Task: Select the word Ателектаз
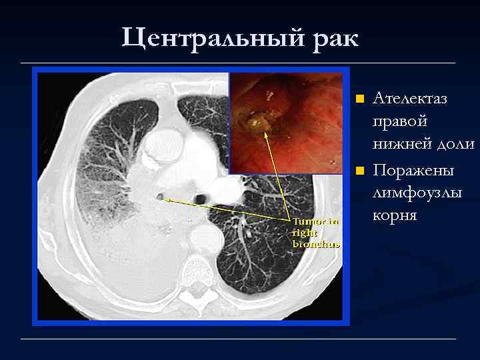click(x=409, y=99)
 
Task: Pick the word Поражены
click(x=413, y=171)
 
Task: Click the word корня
click(x=395, y=216)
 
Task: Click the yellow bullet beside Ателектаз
click(x=359, y=99)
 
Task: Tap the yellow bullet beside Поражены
click(x=359, y=171)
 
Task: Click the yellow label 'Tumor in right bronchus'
click(x=316, y=232)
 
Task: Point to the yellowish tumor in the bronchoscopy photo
click(x=257, y=123)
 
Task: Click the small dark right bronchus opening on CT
click(x=160, y=195)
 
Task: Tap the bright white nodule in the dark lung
click(x=251, y=234)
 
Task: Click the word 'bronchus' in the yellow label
click(x=316, y=244)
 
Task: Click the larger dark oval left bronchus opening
click(x=201, y=198)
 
